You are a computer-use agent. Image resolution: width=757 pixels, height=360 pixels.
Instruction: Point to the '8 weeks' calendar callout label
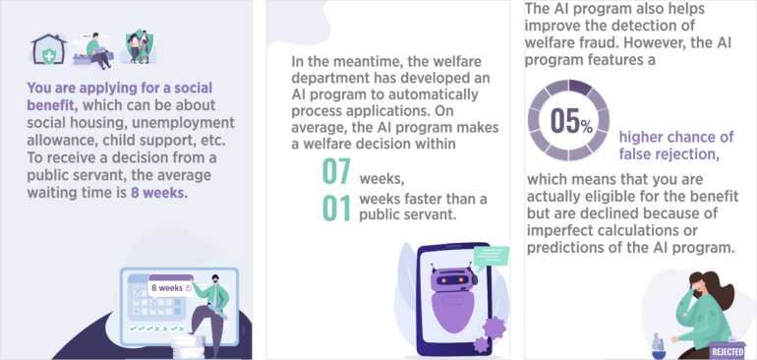click(170, 287)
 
